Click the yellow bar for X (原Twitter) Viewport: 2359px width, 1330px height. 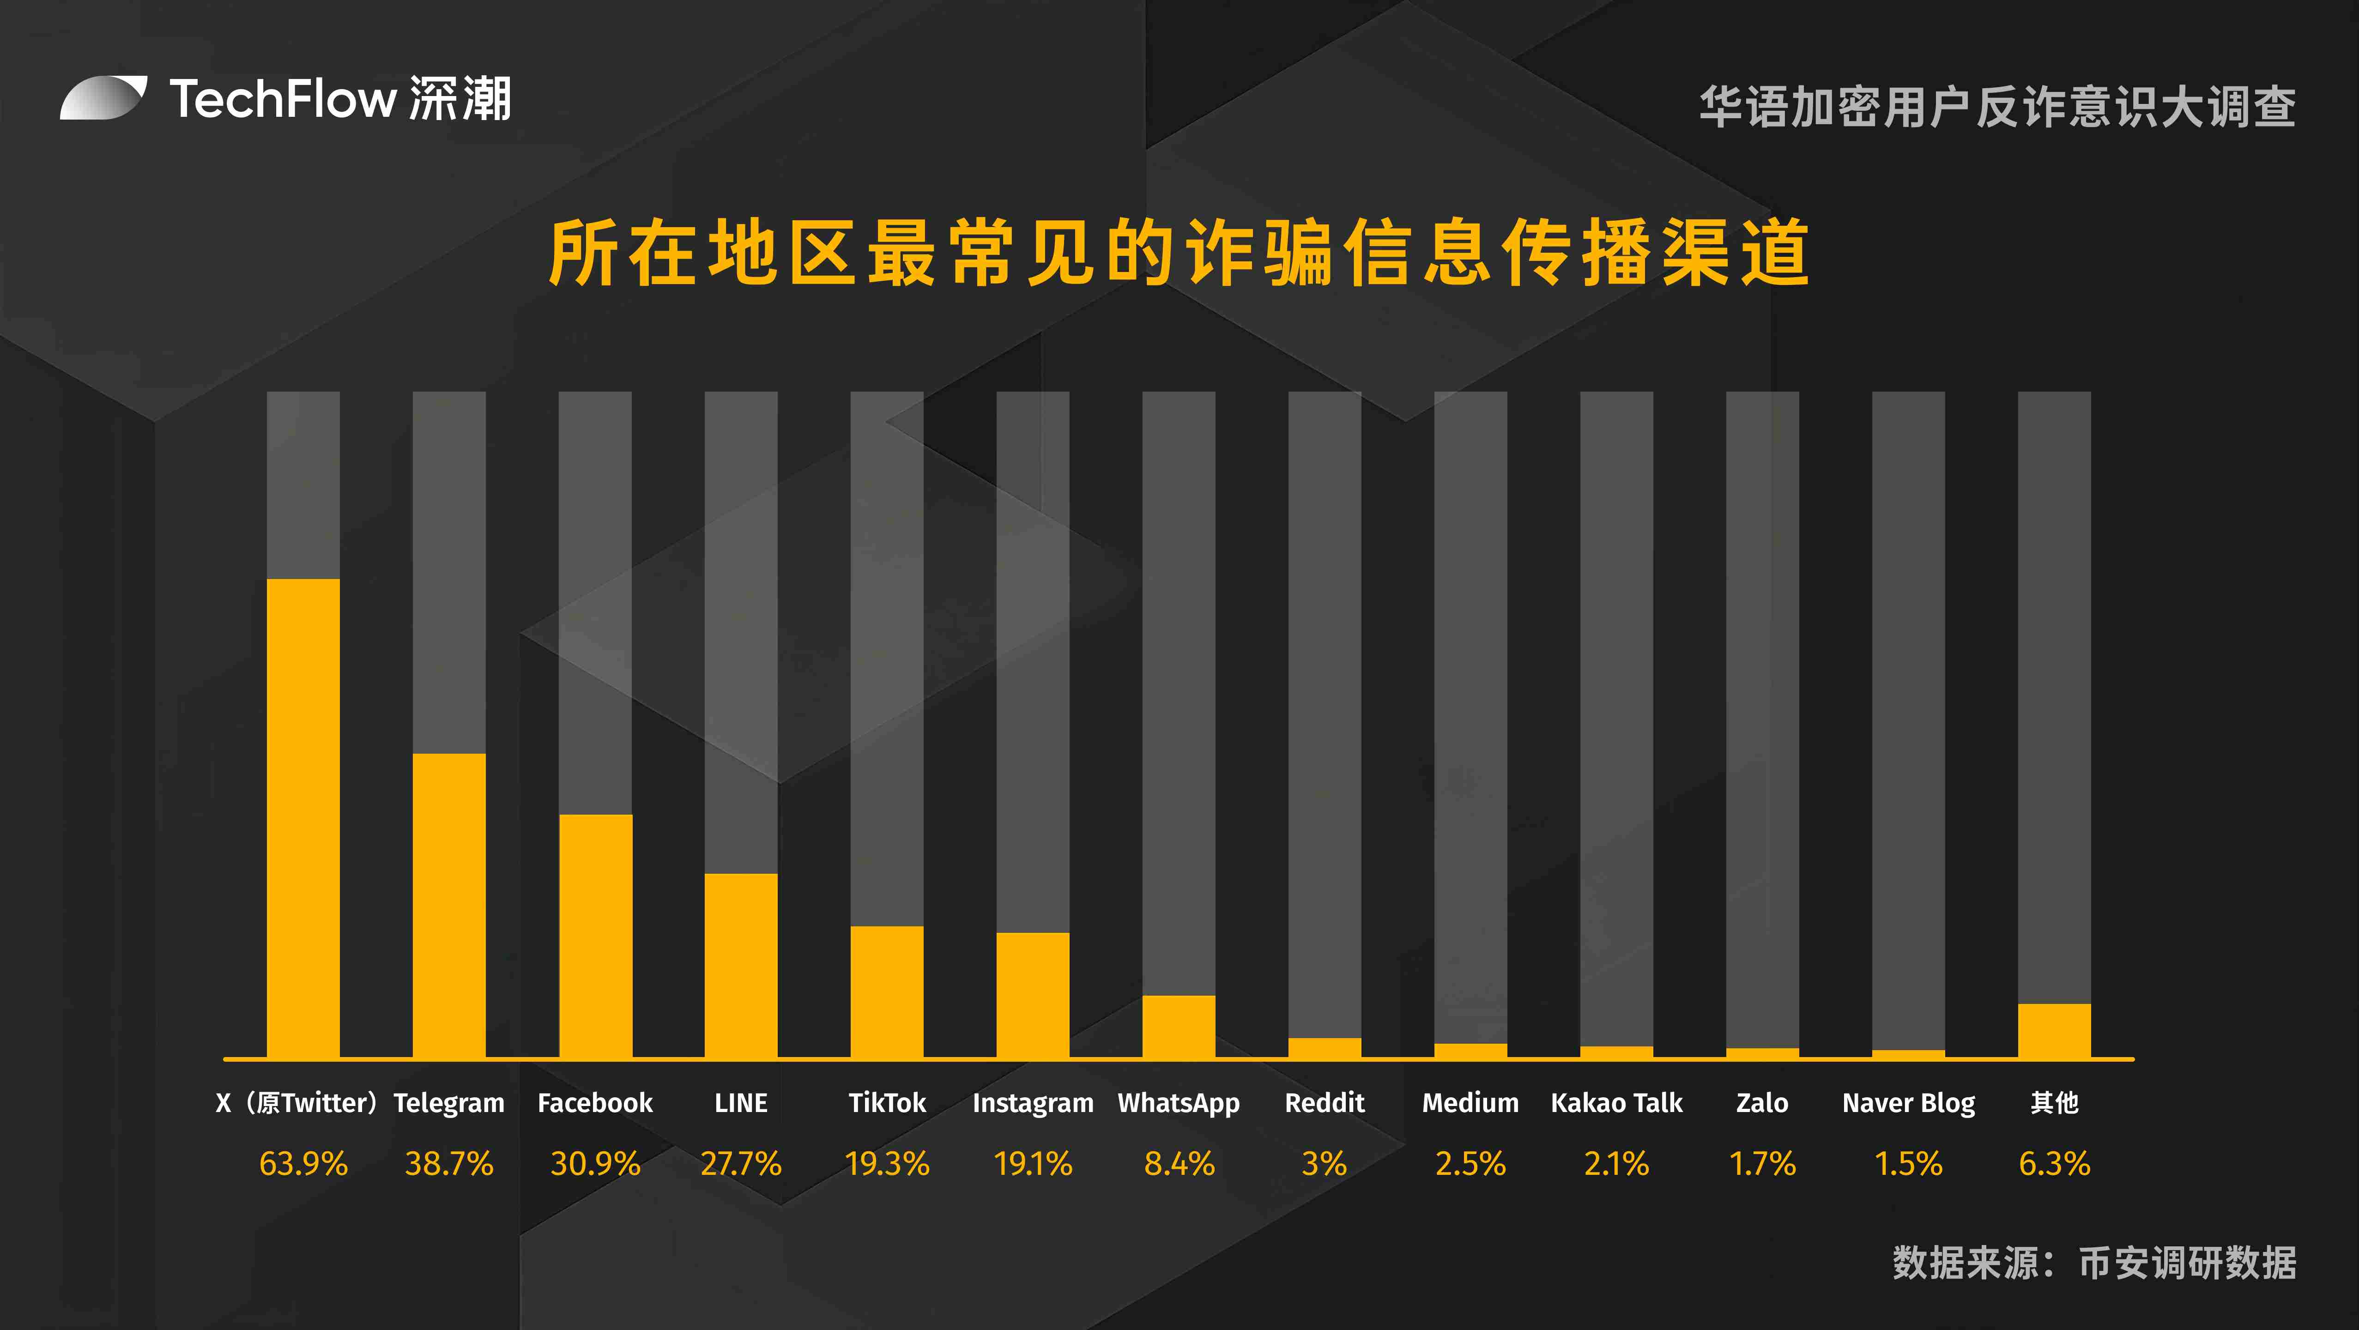[303, 818]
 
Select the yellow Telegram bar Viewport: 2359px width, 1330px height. [449, 905]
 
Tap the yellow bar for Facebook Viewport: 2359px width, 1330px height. [595, 935]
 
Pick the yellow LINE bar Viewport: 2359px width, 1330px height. [741, 966]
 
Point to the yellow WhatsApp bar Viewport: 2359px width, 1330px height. [1179, 1026]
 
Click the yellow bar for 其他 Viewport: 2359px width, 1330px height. [2054, 1030]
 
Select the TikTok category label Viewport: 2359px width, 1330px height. [886, 1103]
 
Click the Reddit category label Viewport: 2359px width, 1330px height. [1324, 1103]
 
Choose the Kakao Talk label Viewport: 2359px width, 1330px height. [1616, 1103]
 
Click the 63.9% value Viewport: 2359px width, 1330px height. [303, 1163]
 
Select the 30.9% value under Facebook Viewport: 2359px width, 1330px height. [595, 1163]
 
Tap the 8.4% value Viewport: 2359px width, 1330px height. [1179, 1163]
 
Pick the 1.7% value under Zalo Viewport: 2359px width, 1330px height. [1762, 1163]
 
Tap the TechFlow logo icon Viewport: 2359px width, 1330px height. [103, 98]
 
